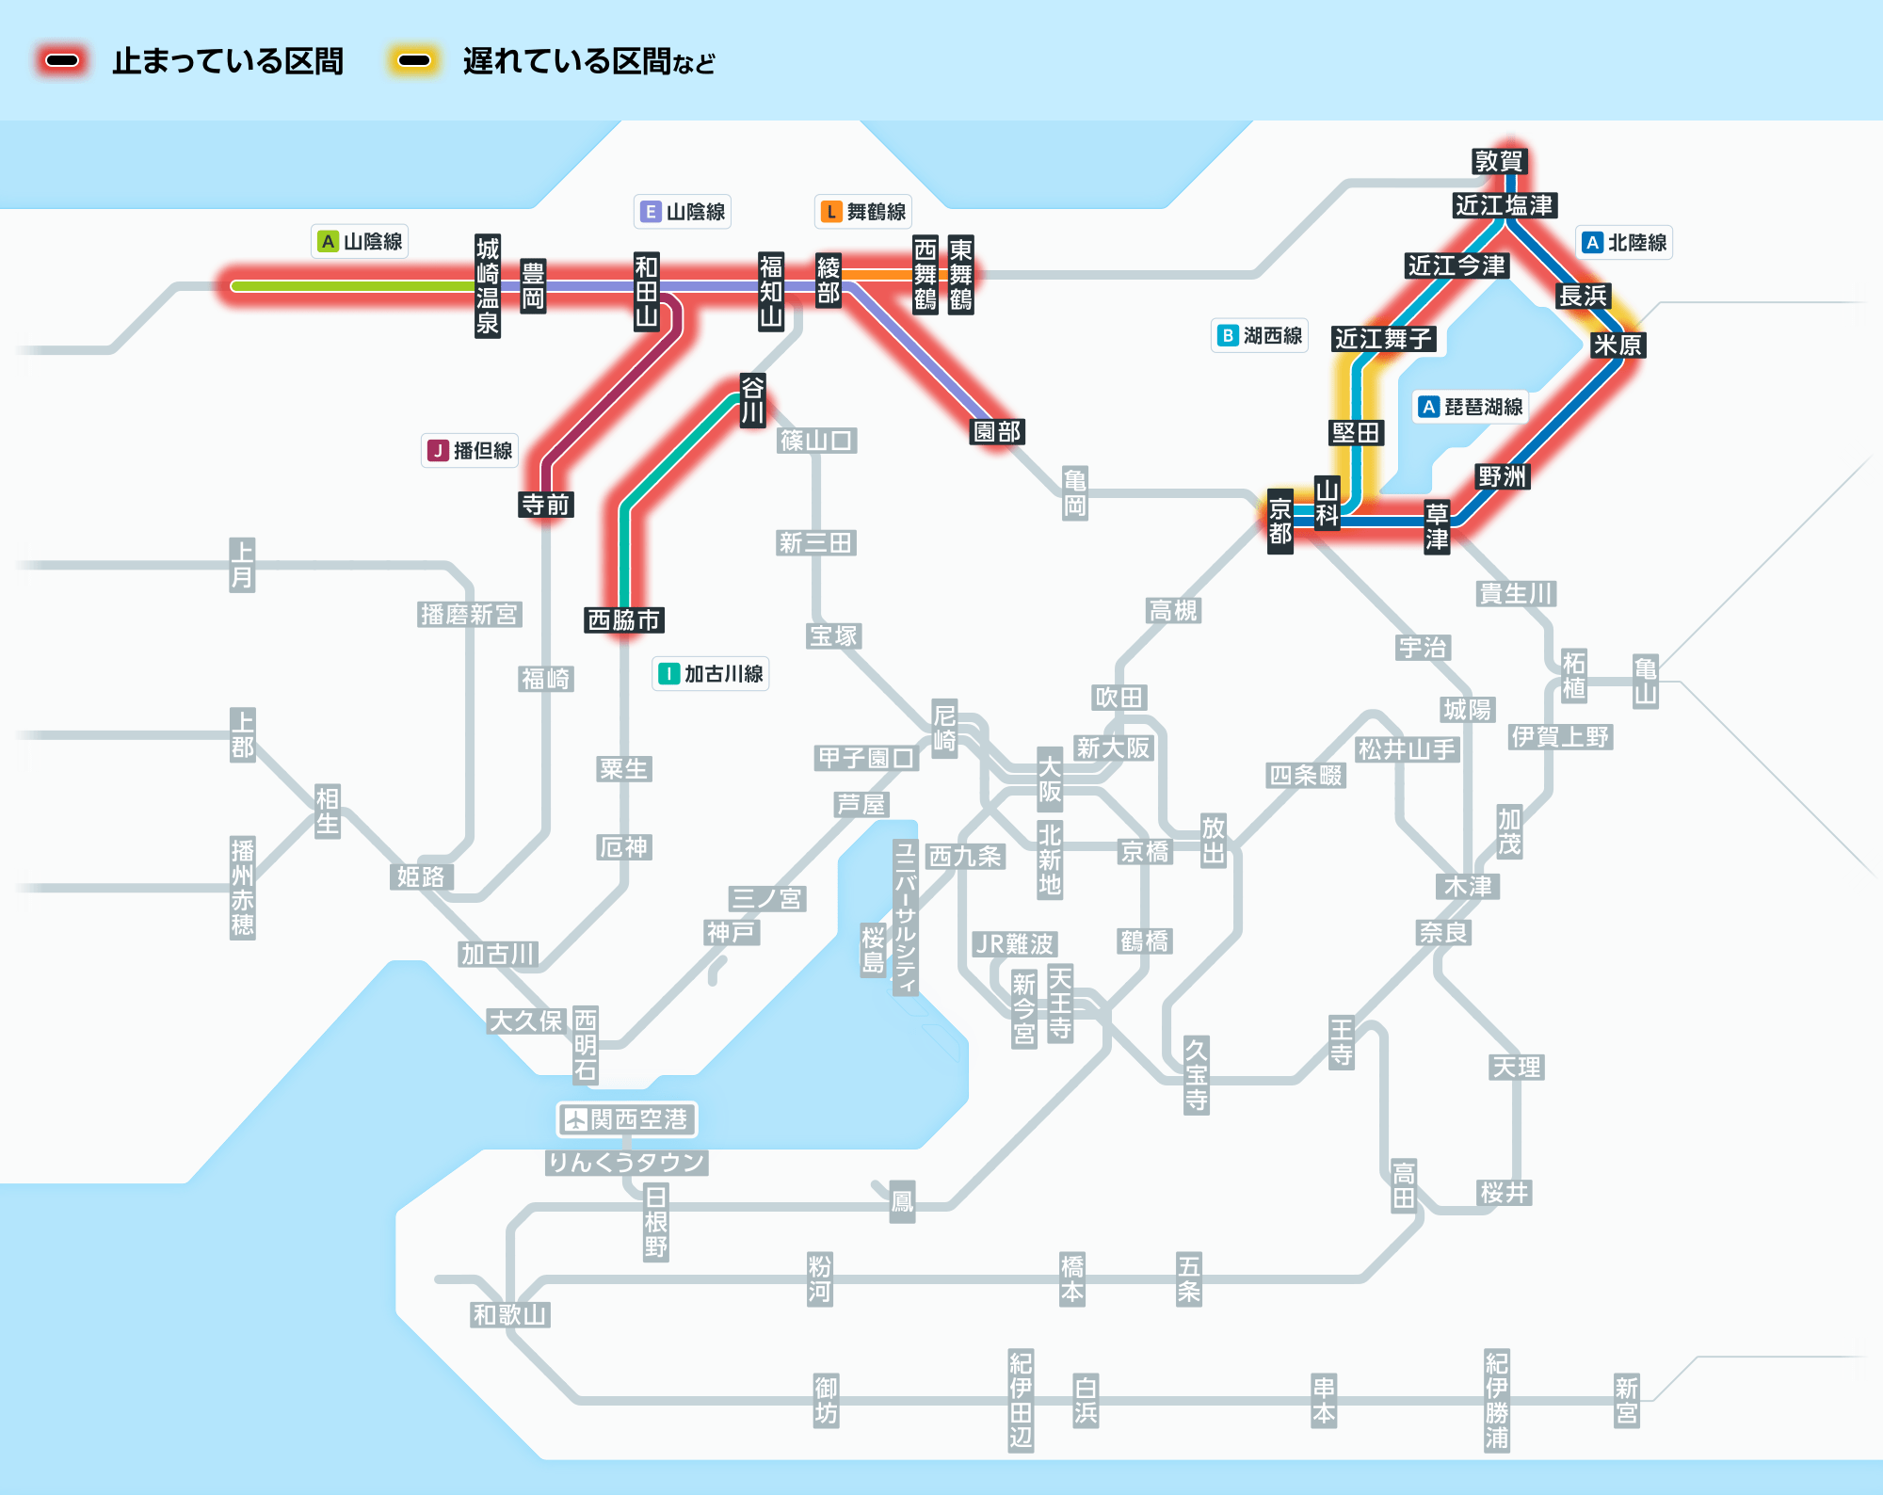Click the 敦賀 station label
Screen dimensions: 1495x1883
[x=1499, y=161]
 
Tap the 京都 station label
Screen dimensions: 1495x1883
[x=1279, y=522]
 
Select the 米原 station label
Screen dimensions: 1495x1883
[x=1617, y=346]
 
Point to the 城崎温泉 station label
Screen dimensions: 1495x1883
[x=487, y=286]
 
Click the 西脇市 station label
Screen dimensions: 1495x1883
[x=624, y=620]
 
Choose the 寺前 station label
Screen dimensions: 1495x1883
[x=546, y=505]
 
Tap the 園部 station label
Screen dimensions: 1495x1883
[x=997, y=431]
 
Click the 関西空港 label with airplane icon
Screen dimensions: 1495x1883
[x=627, y=1119]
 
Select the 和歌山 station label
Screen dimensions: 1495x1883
[x=509, y=1314]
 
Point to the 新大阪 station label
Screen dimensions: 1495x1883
[x=1114, y=748]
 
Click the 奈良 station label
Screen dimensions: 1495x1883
[x=1443, y=933]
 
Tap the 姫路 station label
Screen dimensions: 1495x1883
[x=421, y=876]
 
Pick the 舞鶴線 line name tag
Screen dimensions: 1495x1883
[x=864, y=212]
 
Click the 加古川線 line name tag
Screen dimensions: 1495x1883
[x=711, y=674]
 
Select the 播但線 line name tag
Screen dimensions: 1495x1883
[x=471, y=451]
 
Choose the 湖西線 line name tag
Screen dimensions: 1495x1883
[x=1260, y=335]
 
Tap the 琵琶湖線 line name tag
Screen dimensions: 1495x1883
[x=1471, y=407]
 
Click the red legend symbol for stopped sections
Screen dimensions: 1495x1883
[x=63, y=61]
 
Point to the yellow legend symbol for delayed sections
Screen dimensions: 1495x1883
[x=414, y=61]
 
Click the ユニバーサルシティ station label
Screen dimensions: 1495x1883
[x=905, y=917]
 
